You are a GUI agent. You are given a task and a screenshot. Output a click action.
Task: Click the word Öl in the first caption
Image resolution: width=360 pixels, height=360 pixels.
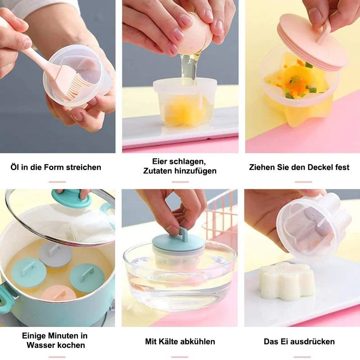coord(15,167)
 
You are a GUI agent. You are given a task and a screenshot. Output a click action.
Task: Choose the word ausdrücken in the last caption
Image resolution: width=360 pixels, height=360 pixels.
coord(315,342)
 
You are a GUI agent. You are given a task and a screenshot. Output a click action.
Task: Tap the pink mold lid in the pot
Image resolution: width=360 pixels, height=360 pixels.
coord(58,293)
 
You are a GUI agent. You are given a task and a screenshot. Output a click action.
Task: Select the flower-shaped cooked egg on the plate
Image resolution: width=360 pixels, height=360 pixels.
coord(286,281)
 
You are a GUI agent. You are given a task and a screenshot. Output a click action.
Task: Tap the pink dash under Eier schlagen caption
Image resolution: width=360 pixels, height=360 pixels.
coord(180,182)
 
